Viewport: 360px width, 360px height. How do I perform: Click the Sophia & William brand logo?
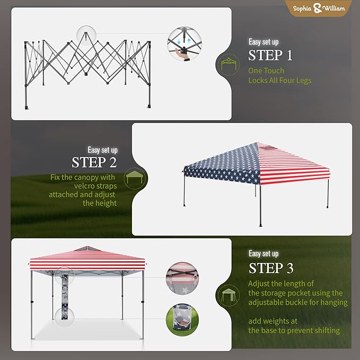pos(319,8)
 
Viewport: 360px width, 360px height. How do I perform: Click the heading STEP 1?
pos(270,55)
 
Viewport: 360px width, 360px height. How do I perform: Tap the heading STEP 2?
pos(94,162)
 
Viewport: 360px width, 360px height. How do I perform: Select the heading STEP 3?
pos(271,268)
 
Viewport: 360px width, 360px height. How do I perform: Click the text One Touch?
pos(266,71)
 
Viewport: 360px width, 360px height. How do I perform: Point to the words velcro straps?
pos(95,186)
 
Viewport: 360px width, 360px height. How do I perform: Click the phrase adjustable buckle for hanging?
pos(298,302)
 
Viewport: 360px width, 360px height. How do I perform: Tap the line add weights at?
pos(273,321)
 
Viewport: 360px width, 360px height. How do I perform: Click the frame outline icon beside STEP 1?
pos(229,65)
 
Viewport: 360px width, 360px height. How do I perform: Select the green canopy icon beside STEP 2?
pos(135,179)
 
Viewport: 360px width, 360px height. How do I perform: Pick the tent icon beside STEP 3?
pos(229,295)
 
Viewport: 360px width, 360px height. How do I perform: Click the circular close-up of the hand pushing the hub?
pos(185,43)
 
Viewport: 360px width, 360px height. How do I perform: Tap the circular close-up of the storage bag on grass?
pos(182,320)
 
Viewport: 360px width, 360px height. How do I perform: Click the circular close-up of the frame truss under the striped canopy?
pos(182,278)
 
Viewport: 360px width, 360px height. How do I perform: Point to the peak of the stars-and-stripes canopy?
pos(257,143)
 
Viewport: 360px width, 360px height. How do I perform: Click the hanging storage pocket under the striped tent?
pos(65,296)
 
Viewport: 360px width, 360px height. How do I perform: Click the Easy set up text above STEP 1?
pos(264,42)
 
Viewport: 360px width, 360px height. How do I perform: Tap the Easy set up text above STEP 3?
pos(264,253)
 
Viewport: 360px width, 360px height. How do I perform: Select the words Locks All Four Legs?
pos(280,81)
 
